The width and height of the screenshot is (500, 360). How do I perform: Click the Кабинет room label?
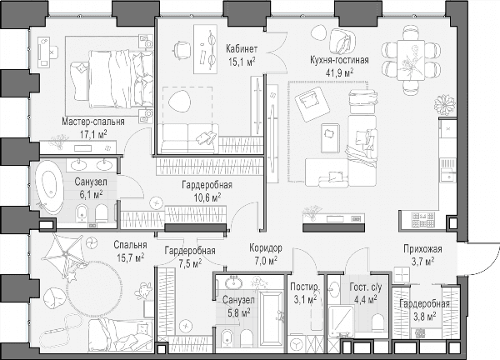(242, 49)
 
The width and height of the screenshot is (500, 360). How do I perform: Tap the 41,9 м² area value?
(339, 72)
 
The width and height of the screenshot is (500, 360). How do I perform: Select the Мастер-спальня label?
(93, 122)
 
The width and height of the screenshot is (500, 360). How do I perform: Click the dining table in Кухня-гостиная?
(411, 60)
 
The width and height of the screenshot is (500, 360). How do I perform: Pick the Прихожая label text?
(422, 248)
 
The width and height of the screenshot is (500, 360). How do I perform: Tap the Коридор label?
(266, 247)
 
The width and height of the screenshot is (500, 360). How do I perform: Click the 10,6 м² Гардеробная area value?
(207, 197)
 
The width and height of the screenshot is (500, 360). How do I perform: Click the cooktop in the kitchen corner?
(422, 220)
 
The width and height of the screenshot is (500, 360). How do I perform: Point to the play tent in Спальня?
(65, 254)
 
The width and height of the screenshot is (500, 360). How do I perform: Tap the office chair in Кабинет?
(181, 49)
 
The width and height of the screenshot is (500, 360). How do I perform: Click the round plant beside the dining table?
(444, 104)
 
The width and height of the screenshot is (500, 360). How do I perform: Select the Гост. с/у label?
(366, 287)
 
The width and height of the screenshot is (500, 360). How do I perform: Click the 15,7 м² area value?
(130, 257)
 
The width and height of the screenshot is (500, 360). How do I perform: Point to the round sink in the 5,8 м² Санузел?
(233, 282)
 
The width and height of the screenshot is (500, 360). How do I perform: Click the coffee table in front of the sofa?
(330, 138)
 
